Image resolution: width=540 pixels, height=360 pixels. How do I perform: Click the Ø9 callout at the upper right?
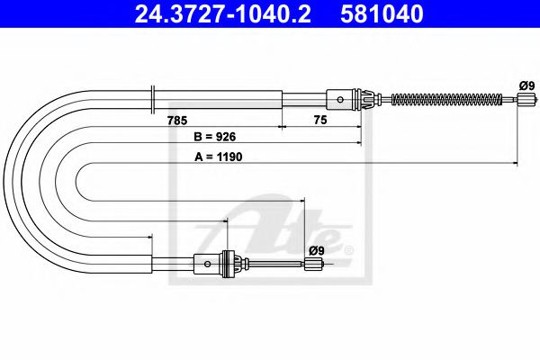coord(527,85)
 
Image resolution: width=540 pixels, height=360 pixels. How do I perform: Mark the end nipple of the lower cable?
coord(314,264)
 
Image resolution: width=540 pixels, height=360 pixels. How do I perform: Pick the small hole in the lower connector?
coord(208,264)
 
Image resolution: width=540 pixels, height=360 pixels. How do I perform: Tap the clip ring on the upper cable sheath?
coord(156,98)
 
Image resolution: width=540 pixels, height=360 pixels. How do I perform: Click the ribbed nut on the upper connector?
coord(365,98)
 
